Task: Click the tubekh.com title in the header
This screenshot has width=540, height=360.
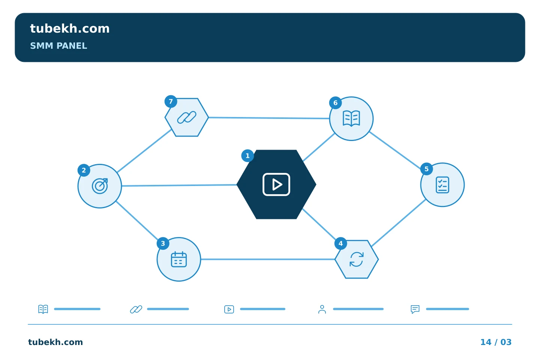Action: click(x=70, y=28)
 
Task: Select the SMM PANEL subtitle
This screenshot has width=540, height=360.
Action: click(x=58, y=46)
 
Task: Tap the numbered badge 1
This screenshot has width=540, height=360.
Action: click(x=247, y=156)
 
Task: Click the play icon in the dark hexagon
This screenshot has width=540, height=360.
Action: click(x=276, y=184)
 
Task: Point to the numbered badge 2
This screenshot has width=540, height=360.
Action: click(x=84, y=170)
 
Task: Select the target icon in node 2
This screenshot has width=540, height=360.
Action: click(x=100, y=186)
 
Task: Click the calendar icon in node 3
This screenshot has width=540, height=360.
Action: click(x=178, y=259)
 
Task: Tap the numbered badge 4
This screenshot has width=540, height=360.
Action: click(x=340, y=243)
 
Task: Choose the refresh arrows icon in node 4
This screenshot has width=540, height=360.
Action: click(x=357, y=259)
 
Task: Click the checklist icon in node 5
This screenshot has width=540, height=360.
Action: click(x=442, y=185)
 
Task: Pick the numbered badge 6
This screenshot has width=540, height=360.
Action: click(x=335, y=103)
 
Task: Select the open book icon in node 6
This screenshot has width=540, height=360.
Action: click(x=351, y=118)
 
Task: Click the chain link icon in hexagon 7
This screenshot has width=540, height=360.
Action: click(x=187, y=117)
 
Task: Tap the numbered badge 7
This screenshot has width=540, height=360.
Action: click(x=171, y=102)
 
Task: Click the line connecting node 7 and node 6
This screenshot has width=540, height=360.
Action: click(x=269, y=118)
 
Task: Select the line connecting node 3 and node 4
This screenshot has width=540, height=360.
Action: click(x=268, y=259)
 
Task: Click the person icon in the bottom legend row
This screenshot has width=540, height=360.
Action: click(x=322, y=309)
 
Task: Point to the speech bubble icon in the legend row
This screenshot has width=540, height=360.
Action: click(x=415, y=309)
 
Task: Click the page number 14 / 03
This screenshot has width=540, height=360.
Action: click(x=496, y=342)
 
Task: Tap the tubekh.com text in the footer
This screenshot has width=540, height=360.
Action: click(x=55, y=342)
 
